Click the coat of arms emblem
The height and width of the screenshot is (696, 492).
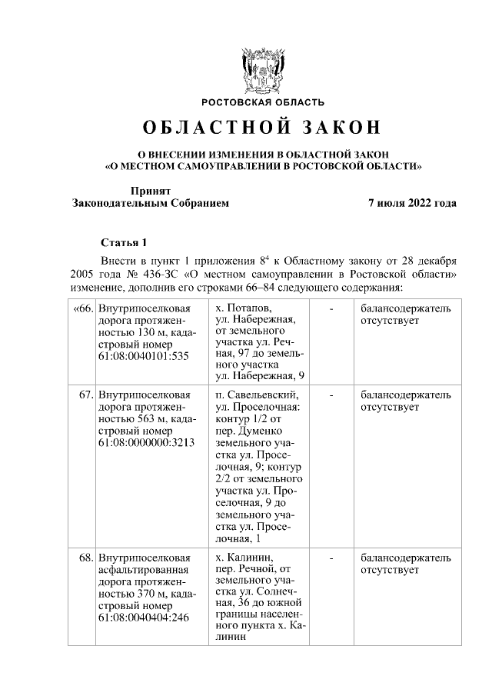262,71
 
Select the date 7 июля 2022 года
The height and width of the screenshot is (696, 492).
413,204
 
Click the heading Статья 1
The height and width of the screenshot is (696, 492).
122,242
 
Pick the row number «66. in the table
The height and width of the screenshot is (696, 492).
82,308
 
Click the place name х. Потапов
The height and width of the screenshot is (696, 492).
244,308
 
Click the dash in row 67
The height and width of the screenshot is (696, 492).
331,395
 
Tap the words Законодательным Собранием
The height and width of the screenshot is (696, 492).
150,204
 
